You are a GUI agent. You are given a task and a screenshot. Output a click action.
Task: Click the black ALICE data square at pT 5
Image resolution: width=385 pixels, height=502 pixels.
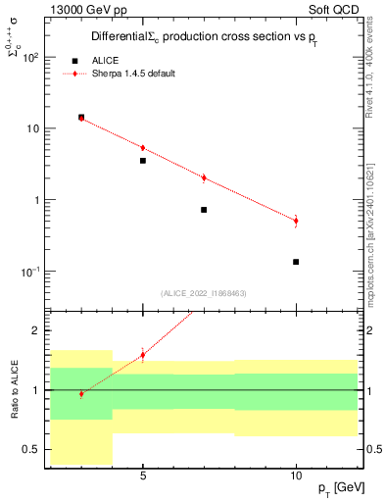[143, 161]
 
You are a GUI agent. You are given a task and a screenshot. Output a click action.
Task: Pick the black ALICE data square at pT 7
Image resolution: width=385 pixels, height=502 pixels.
[204, 210]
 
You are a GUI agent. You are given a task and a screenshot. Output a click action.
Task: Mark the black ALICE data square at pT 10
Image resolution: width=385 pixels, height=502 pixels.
[296, 262]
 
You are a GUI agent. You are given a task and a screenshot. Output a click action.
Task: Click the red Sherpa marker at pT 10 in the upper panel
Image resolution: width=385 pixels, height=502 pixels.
[296, 221]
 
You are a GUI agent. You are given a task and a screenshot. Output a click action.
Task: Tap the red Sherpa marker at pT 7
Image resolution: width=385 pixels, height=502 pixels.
[204, 178]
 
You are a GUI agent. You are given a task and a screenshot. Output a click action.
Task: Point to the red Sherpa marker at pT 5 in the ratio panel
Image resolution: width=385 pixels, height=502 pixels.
[143, 355]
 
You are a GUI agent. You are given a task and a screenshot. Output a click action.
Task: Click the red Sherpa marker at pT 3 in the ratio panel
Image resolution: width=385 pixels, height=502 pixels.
[81, 394]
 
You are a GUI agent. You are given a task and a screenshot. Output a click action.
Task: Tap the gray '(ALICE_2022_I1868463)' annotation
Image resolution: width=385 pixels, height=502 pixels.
[203, 293]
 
